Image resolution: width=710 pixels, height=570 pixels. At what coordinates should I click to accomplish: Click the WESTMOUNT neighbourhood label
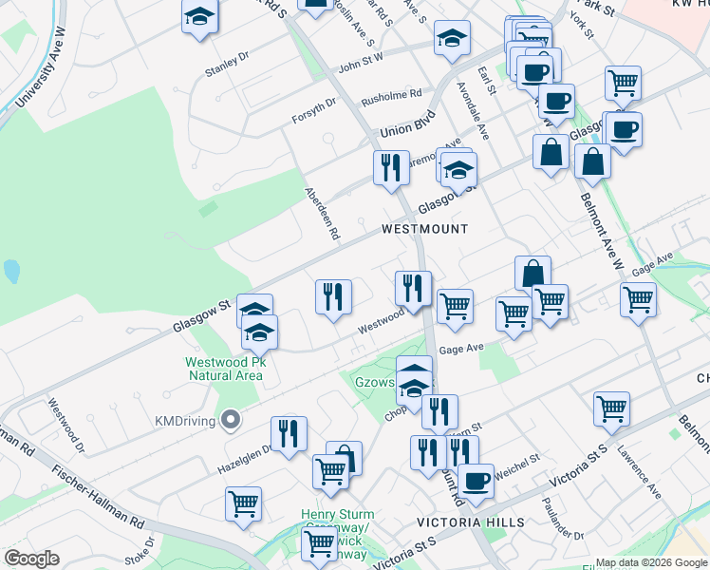tap(425, 229)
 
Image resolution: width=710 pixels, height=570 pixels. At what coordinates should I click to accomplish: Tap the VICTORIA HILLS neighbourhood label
tap(471, 522)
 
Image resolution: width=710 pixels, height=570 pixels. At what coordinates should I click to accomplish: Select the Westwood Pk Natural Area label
tap(224, 369)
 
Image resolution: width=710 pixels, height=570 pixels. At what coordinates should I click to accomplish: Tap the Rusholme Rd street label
tap(390, 96)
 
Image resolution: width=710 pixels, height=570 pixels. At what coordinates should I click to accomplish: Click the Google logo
tap(31, 559)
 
